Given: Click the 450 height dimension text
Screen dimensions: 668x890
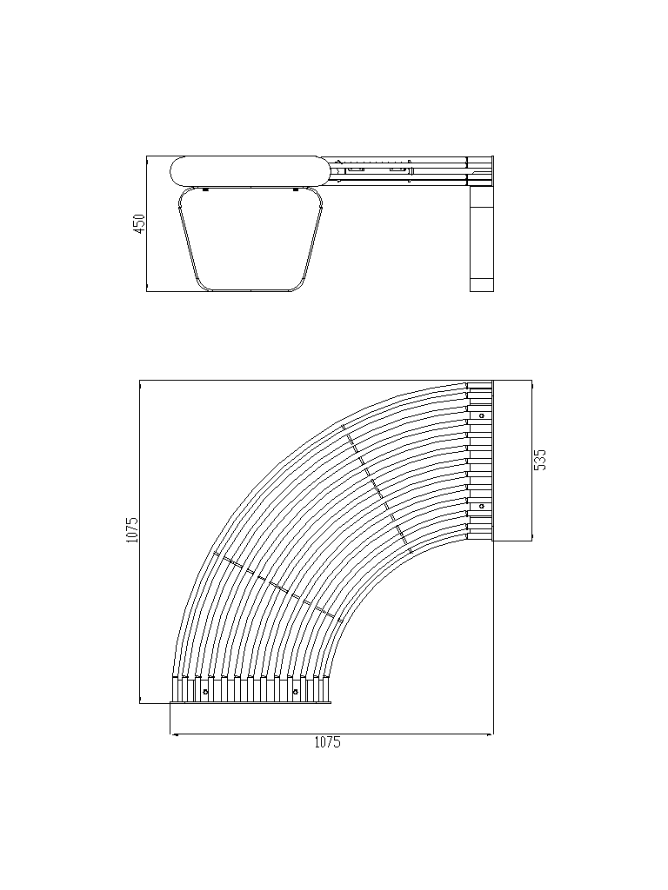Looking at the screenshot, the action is (x=139, y=222).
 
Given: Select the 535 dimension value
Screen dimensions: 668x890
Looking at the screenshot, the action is (x=540, y=460).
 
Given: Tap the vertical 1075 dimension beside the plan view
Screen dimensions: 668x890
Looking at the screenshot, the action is (x=132, y=529).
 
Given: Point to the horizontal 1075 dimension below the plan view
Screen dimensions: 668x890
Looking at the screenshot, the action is (x=327, y=742).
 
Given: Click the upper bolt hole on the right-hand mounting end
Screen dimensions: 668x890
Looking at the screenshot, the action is (x=481, y=415).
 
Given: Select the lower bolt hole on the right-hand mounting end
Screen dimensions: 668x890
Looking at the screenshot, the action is (x=481, y=506).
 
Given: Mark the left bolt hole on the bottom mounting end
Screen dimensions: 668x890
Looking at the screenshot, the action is (x=205, y=692).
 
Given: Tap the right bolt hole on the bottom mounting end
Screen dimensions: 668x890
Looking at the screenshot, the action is (x=296, y=692).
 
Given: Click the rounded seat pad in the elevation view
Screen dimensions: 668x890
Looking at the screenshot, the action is (x=250, y=171).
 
